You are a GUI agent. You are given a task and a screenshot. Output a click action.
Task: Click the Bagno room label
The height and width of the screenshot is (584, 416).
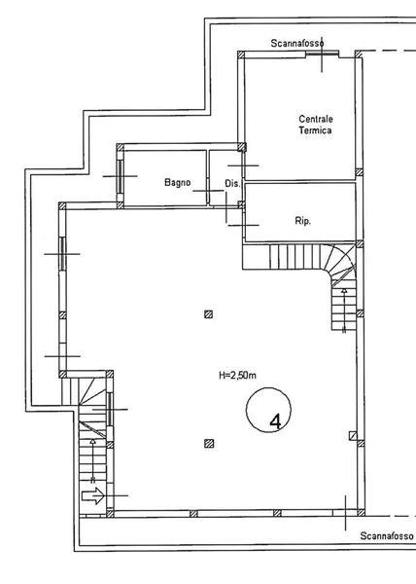pos(177,183)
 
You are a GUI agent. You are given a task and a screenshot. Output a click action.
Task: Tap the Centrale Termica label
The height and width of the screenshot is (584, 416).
pos(315,125)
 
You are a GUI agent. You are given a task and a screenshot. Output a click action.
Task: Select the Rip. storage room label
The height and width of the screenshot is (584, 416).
pos(303,221)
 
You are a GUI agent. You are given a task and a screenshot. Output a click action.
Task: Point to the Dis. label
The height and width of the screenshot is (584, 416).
pos(232,184)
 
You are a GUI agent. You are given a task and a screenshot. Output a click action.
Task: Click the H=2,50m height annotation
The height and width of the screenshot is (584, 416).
pos(237,375)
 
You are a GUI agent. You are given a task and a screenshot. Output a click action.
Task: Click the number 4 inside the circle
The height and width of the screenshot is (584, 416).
pos(275,422)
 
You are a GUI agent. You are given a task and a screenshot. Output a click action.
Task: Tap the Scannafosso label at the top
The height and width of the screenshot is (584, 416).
pos(297,43)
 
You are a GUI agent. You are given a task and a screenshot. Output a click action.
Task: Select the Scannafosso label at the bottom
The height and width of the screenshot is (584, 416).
pos(387,536)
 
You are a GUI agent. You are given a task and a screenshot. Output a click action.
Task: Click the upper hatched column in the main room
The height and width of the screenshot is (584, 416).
pos(209,314)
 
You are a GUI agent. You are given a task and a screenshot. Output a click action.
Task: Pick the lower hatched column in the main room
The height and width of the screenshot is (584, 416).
pos(209,443)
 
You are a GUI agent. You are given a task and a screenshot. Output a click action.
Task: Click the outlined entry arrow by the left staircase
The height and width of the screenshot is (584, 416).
pos(93,495)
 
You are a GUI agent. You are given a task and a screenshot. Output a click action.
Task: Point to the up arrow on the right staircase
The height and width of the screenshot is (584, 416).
pos(344,310)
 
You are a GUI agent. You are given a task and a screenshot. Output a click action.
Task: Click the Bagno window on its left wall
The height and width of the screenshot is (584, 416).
pos(121,176)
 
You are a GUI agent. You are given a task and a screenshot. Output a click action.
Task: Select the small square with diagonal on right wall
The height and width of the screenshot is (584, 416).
pos(353,436)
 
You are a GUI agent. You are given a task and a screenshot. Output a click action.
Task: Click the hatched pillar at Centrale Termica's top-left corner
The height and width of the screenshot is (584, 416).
pos(241,55)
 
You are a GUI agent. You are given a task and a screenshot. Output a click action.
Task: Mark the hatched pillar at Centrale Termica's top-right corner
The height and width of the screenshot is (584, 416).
pos(359,54)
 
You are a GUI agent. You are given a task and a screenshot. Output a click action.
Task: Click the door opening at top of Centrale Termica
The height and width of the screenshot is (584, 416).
pos(322,55)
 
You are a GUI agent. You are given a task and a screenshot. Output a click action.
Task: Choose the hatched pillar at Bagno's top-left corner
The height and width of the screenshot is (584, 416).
pos(121,147)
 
